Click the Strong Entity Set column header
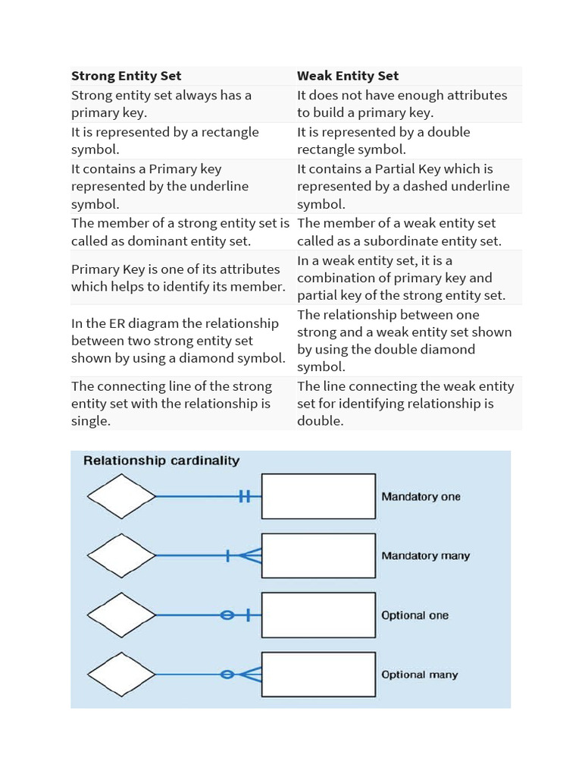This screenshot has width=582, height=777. (x=127, y=76)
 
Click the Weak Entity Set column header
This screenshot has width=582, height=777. (x=348, y=76)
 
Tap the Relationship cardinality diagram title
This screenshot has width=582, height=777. (x=161, y=461)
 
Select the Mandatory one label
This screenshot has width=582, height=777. (x=421, y=497)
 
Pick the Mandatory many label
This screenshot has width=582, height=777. (x=425, y=556)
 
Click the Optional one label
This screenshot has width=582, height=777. (x=415, y=615)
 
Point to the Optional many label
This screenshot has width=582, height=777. (x=419, y=675)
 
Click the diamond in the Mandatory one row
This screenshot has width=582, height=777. (x=121, y=497)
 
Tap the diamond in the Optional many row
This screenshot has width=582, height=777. (x=121, y=675)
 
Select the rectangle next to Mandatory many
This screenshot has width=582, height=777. (x=318, y=556)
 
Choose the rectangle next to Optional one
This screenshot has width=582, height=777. (x=318, y=615)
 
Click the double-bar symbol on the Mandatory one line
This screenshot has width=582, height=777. (x=244, y=497)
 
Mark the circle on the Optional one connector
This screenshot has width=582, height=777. (x=227, y=615)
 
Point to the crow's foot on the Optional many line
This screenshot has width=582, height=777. (x=252, y=675)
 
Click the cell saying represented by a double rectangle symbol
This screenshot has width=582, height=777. (x=383, y=140)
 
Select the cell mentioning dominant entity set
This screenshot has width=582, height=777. (x=180, y=232)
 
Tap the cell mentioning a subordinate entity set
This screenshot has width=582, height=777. (x=399, y=232)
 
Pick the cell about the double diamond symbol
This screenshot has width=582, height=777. (x=404, y=341)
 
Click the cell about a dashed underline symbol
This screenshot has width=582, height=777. (x=403, y=187)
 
